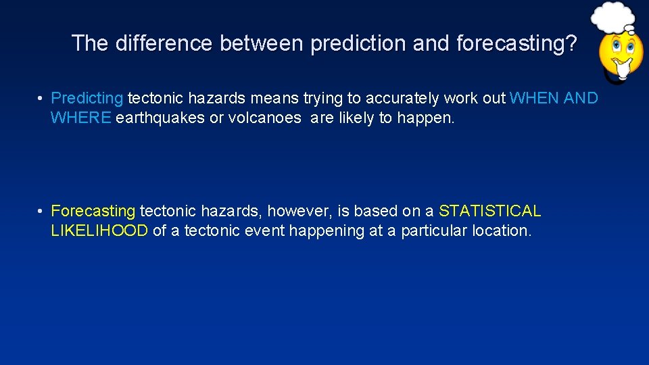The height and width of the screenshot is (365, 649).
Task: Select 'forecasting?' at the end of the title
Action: coord(517,43)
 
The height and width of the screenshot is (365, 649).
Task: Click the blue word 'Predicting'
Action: coord(87,99)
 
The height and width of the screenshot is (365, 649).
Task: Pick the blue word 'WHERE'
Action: coord(80,118)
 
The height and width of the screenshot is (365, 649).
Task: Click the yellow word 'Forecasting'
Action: coord(93,211)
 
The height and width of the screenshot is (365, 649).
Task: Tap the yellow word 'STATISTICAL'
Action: coord(490,211)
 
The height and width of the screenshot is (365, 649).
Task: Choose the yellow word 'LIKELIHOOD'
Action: coord(99,230)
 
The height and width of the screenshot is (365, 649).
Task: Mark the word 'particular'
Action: coord(434,230)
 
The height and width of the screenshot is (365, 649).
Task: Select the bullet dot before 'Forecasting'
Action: coord(41,212)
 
